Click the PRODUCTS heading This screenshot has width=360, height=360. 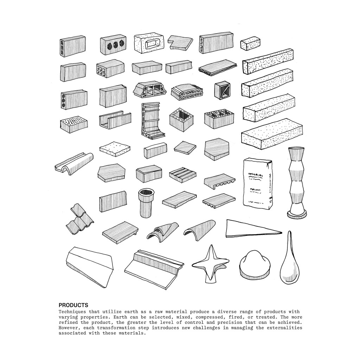pyautogui.click(x=73, y=305)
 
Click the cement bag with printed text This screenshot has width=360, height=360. pyautogui.click(x=258, y=184)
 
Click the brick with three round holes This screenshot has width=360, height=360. pyautogui.click(x=113, y=45)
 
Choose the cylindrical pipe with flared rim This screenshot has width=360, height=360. pyautogui.click(x=146, y=203)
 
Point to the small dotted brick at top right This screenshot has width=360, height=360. pyautogui.click(x=250, y=43)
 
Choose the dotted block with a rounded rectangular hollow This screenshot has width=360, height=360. pyautogui.click(x=149, y=44)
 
